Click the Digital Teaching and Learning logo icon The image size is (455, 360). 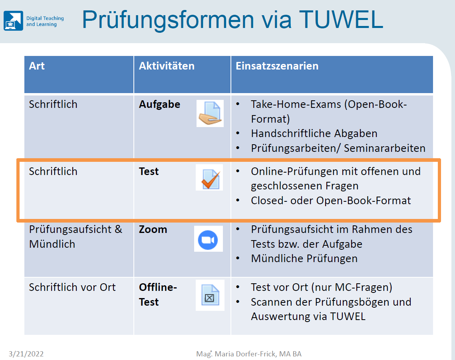coord(13,21)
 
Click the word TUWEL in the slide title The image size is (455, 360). coord(341,20)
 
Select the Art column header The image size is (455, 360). coord(37,66)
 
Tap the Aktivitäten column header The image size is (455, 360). coord(167,66)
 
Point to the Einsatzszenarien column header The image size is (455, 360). coord(277,66)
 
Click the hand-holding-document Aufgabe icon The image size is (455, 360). coord(210,113)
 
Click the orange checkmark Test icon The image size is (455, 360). coord(209,177)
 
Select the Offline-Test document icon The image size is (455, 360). coord(210,295)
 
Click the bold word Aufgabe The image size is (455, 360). coord(160,104)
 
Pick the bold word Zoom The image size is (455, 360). coord(153,229)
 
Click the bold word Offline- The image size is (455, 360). coord(158,287)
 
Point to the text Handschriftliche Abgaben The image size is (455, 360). coord(314,133)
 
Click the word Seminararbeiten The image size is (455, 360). coord(384,148)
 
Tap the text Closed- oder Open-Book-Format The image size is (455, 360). coord(331,201)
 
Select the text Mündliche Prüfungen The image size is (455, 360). coord(304,259)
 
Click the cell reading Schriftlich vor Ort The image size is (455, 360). coord(72,287)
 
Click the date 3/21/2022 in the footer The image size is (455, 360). coord(26,354)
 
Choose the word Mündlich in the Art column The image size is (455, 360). coord(52,244)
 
